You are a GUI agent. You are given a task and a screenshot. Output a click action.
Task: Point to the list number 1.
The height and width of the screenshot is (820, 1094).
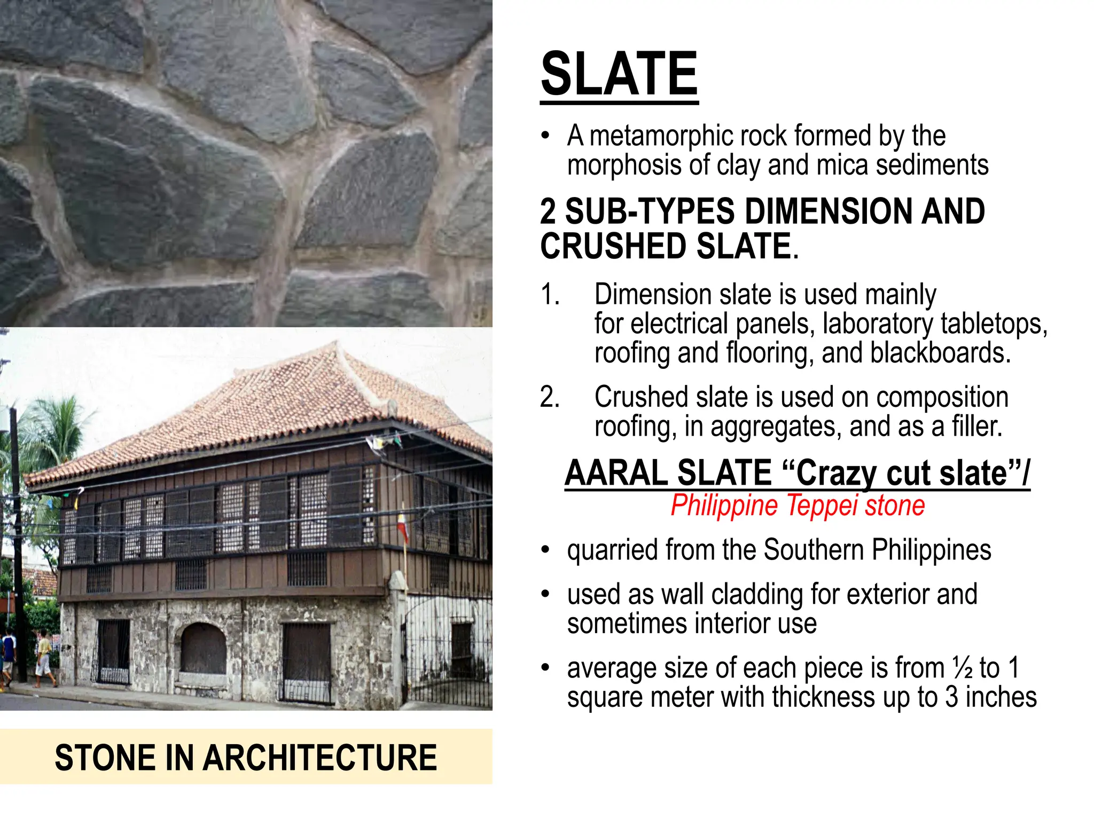pos(550,295)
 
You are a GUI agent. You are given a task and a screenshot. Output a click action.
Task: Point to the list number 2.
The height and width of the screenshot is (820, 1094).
pos(550,397)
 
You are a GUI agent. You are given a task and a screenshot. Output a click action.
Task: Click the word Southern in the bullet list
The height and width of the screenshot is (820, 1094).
pos(814,550)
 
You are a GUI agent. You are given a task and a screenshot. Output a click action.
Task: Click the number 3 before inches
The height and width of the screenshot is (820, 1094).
pos(951,697)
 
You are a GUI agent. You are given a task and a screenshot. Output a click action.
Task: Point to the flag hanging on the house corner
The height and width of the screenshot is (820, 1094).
pos(402,525)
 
